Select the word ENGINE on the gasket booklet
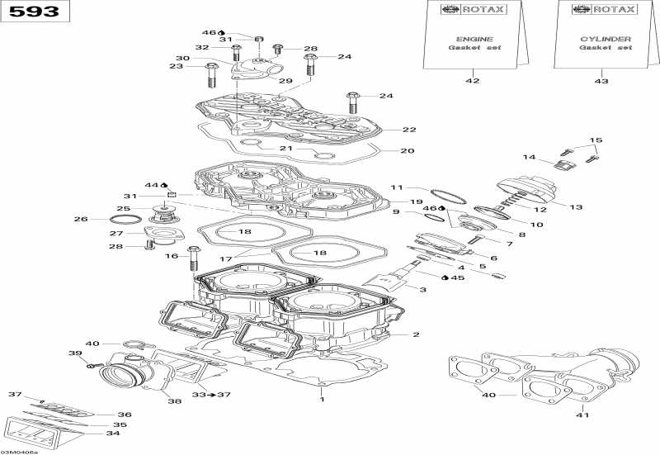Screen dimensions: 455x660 pos(474,39)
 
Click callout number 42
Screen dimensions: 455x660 pos(473,81)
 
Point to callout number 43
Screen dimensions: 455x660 pos(601,81)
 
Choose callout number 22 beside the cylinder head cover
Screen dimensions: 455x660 pos(409,130)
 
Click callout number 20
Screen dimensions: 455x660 pos(407,151)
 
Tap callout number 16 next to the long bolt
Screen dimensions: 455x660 pos(172,257)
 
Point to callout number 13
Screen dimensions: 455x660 pos(576,207)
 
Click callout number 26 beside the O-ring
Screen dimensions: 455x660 pos(80,219)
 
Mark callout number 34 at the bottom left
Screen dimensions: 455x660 pos(113,434)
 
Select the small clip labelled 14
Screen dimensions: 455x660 pos(564,165)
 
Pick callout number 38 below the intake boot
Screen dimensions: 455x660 pos(174,402)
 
